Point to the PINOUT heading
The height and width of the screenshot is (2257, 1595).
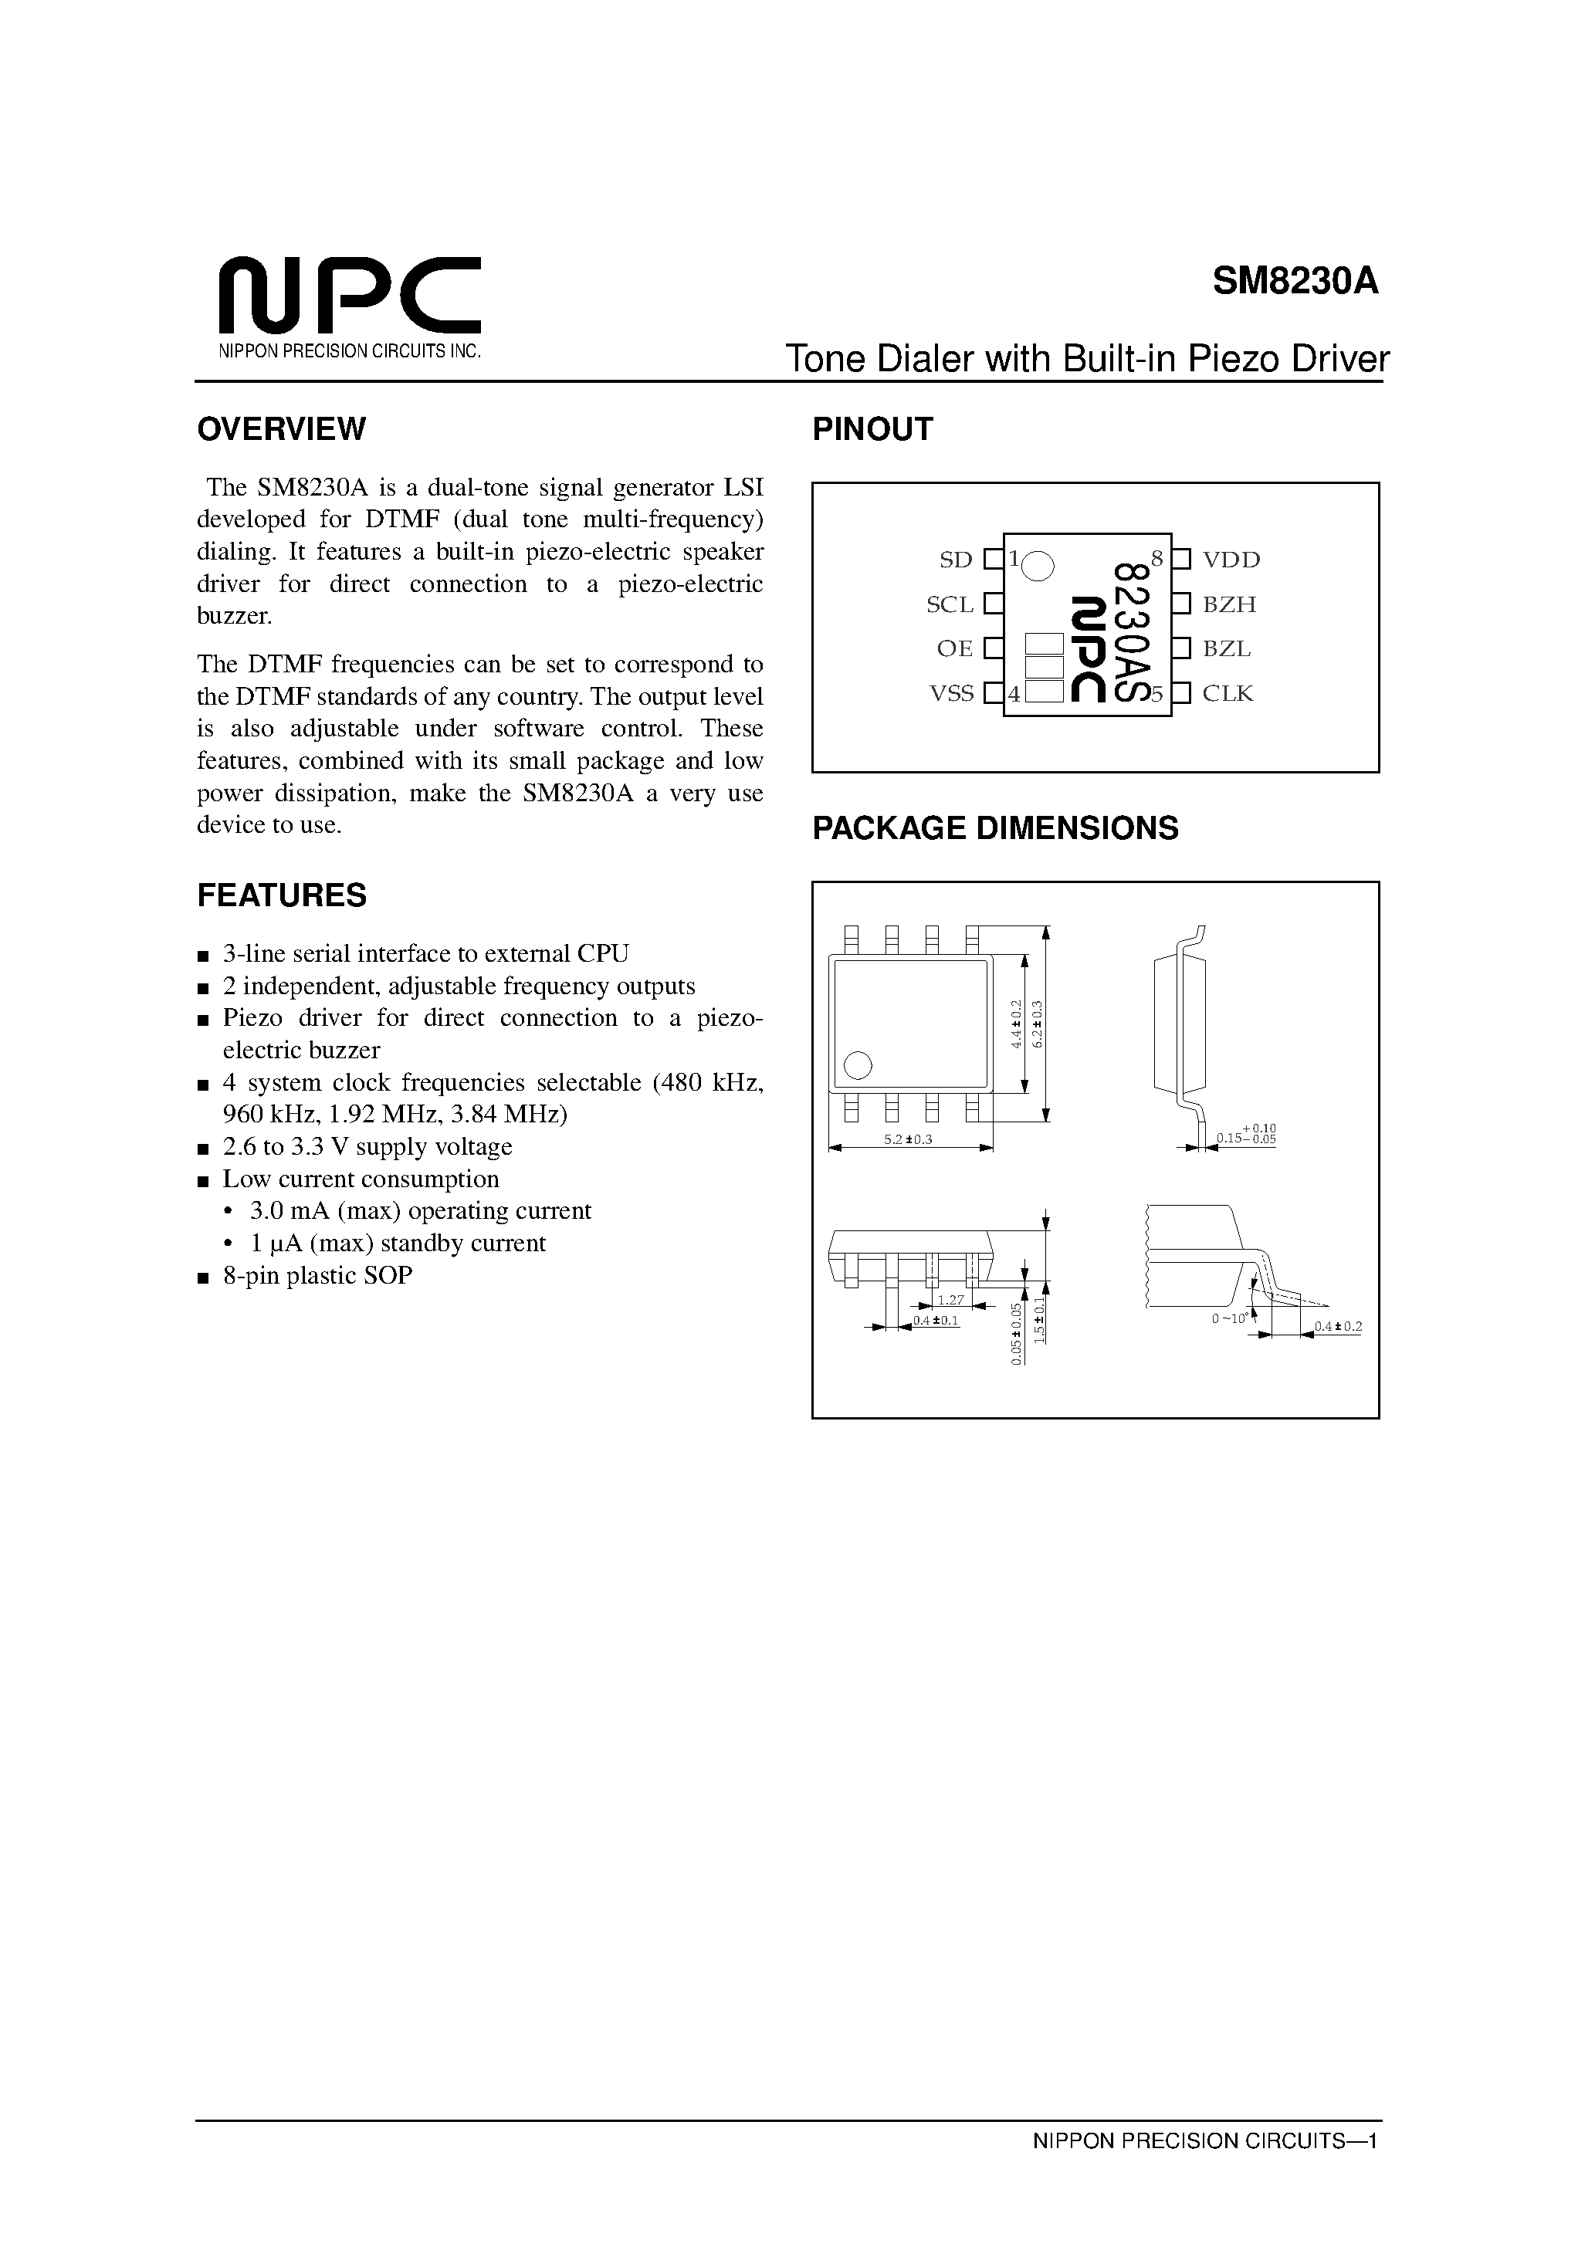(872, 430)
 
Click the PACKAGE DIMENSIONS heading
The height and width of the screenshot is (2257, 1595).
(994, 829)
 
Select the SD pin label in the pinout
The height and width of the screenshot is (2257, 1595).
(955, 560)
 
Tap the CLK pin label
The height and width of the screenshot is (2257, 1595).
(1228, 694)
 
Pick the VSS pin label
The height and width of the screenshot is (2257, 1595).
(951, 694)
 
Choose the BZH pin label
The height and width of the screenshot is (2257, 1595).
(1229, 604)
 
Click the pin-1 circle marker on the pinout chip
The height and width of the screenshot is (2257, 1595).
(1038, 565)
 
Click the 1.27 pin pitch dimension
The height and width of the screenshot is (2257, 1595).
(950, 1300)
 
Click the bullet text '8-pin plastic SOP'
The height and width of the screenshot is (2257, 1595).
(317, 1276)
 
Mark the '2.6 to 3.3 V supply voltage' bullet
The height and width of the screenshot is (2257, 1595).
(367, 1147)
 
